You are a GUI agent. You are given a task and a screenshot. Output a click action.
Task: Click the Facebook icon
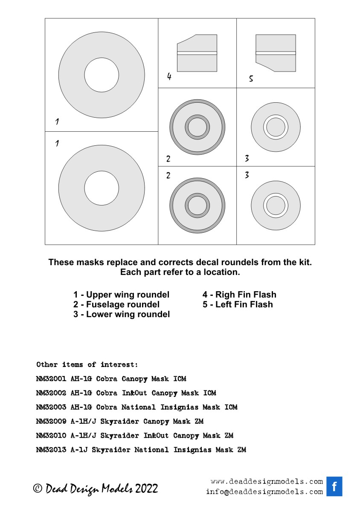[334, 486]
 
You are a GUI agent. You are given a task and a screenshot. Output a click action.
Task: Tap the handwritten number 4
[169, 77]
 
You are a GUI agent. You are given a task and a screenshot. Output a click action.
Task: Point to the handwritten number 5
[251, 79]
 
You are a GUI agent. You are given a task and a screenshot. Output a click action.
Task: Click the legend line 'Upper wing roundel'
[121, 295]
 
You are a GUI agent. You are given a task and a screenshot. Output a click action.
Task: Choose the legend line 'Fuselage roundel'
[116, 304]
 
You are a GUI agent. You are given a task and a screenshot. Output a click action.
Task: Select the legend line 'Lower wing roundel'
[122, 315]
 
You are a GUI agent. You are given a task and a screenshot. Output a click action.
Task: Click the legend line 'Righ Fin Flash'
[239, 295]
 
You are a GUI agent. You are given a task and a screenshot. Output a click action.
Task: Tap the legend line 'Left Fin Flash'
[237, 304]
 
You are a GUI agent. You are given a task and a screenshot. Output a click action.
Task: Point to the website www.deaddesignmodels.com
[267, 482]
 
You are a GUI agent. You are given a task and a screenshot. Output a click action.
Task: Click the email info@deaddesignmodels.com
[264, 492]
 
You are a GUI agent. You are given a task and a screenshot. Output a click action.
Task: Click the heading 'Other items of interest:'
[87, 364]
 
